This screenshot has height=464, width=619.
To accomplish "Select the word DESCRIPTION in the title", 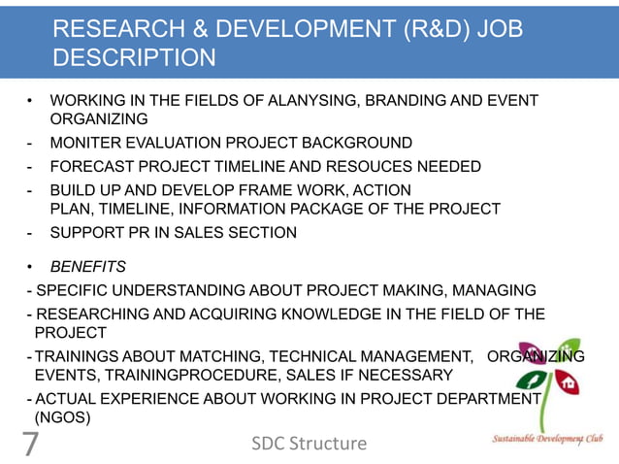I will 134,60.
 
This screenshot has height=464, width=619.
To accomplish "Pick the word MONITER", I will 84,143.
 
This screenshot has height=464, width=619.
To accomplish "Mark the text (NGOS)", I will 64,417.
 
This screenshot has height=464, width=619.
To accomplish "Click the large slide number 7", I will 29,444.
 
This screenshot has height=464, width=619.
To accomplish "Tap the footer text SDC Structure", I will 309,444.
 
